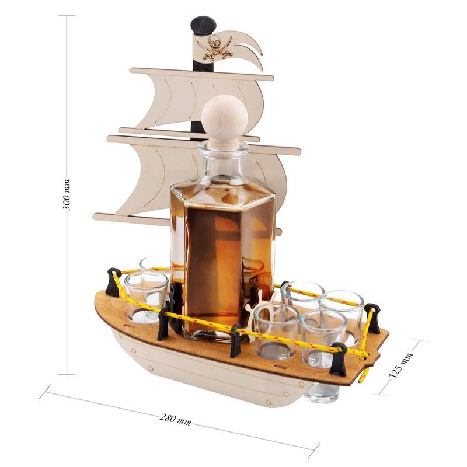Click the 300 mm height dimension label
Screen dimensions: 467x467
point(67,195)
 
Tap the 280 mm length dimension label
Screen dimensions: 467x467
point(176,419)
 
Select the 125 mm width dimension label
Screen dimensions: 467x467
point(401,365)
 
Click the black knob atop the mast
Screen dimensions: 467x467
point(203,25)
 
